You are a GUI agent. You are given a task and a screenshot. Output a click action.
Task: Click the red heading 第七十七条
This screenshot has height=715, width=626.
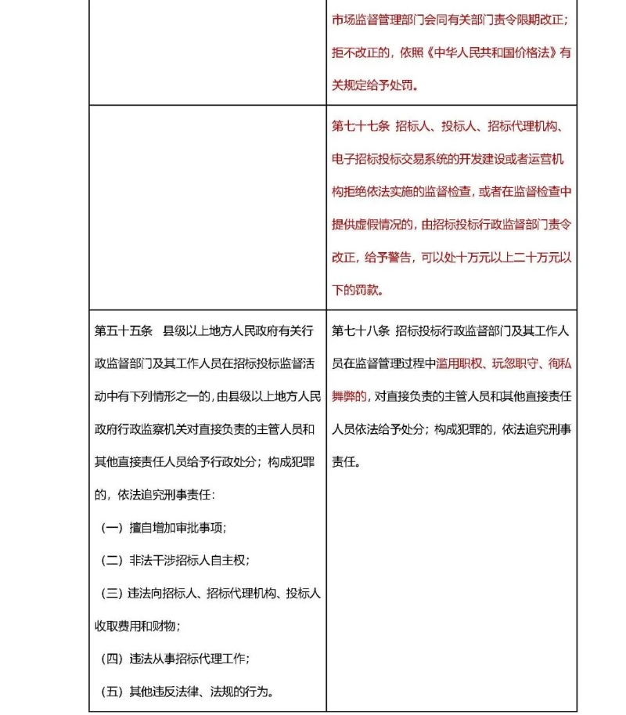click(x=360, y=126)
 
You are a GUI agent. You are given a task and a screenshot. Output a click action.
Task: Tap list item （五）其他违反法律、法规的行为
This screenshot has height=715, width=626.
click(x=188, y=692)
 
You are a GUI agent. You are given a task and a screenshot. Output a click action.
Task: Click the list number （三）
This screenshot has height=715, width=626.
click(x=113, y=594)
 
